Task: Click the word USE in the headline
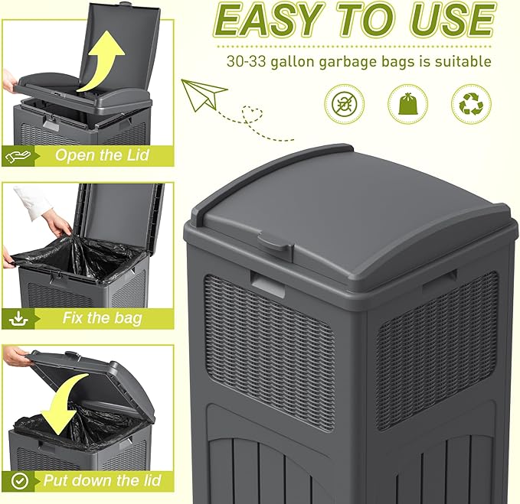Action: coord(452,21)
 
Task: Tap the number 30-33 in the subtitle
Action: coord(247,62)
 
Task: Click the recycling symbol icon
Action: coord(472,103)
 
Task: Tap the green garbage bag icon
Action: coord(407,103)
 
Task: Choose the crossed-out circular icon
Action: coord(345,103)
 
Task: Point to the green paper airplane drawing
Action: coord(204,94)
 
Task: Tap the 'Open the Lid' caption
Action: coord(102,156)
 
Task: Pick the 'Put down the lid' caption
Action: coord(101,481)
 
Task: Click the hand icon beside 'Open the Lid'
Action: coord(18,156)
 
